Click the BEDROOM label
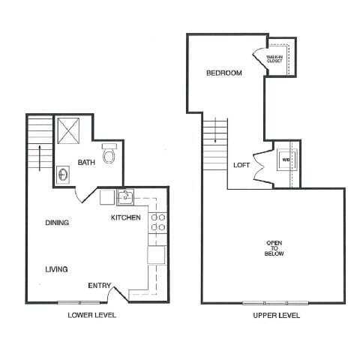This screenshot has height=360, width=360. tap(224, 73)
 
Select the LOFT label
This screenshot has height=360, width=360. tap(241, 165)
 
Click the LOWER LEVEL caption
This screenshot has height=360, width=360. tap(92, 316)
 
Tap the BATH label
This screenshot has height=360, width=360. tap(86, 161)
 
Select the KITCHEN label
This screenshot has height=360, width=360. tap(126, 217)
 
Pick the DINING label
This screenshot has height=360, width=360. tap(57, 223)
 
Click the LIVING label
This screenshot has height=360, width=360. tap(56, 268)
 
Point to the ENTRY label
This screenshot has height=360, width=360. tap(100, 285)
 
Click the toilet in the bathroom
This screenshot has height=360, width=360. tap(109, 155)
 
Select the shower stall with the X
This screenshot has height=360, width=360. tap(72, 133)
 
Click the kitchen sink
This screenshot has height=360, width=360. tap(124, 198)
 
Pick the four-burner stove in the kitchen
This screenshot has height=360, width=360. tap(158, 223)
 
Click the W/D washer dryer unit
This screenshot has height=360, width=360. tap(286, 160)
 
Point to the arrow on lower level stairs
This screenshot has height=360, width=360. tap(36, 158)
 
